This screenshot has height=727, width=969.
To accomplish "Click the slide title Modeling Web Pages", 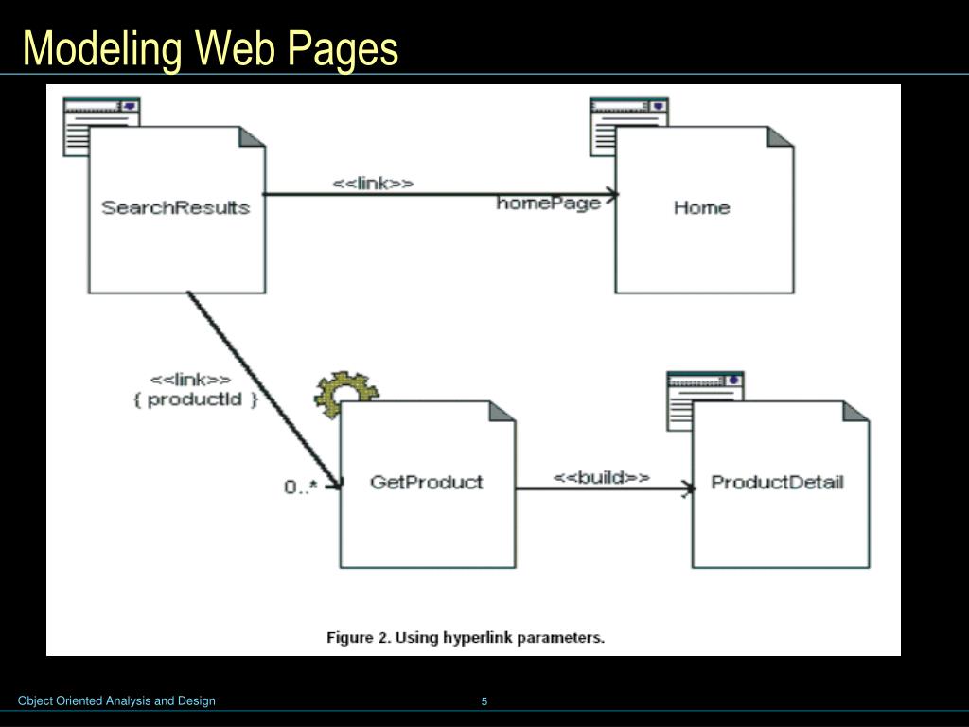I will click(x=210, y=48).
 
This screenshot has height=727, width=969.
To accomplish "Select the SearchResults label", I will click(x=176, y=207).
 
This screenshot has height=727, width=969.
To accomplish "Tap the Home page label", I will click(x=701, y=207).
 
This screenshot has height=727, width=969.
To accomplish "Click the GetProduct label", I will click(x=426, y=482).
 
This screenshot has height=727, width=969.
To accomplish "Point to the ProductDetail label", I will click(x=777, y=482).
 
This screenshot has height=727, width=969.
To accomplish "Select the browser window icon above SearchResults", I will click(x=100, y=113).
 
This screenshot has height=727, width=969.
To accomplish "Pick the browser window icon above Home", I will click(x=627, y=113).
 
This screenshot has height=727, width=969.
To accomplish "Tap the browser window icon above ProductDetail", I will click(x=705, y=387).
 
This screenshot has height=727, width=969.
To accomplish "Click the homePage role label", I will click(x=549, y=204).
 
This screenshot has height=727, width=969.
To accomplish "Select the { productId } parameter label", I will click(x=196, y=399).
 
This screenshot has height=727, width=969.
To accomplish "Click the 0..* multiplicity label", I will click(x=301, y=487).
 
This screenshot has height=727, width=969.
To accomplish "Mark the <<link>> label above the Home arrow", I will click(x=373, y=184).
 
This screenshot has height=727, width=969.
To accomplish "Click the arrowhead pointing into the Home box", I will click(x=612, y=195).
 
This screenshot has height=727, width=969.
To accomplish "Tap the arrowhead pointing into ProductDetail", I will click(x=689, y=489).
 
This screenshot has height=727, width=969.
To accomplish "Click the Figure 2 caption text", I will click(x=466, y=637).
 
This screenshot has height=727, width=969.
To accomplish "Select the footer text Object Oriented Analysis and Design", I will click(x=117, y=701).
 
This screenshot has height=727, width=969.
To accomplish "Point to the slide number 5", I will click(x=484, y=701).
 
